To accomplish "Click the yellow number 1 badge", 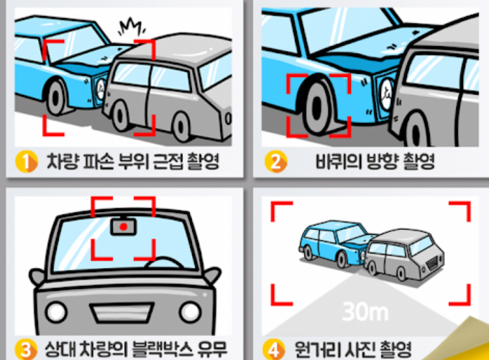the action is [27, 162].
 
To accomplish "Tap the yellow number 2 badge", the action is [275, 162].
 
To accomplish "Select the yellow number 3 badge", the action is [26, 349].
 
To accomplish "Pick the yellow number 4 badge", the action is [273, 349].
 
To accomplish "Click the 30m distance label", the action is [365, 311].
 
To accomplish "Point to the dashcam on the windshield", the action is [124, 226].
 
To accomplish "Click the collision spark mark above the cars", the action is [132, 27].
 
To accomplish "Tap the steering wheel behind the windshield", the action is [164, 262].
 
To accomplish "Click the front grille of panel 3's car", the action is [122, 313].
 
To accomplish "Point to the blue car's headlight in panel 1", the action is [101, 88].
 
